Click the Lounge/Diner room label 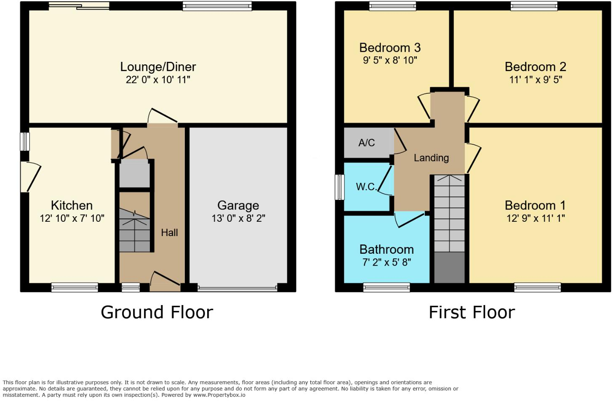(x=158, y=67)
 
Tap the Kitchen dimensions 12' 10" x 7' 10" (x=72, y=218)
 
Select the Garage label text (x=238, y=205)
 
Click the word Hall (x=169, y=233)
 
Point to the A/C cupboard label (x=366, y=143)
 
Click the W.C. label (x=366, y=187)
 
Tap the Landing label (x=431, y=158)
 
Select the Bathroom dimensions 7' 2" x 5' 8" (x=386, y=263)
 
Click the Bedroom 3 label (x=390, y=48)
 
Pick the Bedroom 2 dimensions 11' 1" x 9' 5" (x=536, y=80)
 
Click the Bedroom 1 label (x=535, y=205)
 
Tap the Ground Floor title (x=157, y=313)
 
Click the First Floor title (x=472, y=313)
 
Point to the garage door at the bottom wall (x=238, y=289)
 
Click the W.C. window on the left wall (x=339, y=187)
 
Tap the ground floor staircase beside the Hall (x=134, y=231)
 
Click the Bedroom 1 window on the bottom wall (x=537, y=288)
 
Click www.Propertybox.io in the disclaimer (x=219, y=395)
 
